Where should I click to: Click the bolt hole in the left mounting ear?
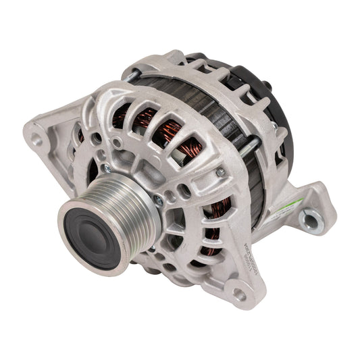click(37, 141)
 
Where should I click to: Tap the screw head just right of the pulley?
click(157, 199)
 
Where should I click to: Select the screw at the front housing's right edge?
click(220, 173)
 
